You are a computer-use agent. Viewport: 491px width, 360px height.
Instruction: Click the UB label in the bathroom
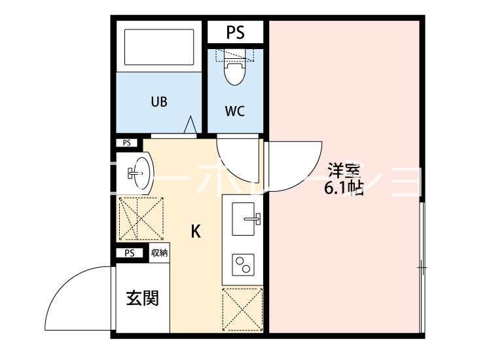pyautogui.click(x=159, y=102)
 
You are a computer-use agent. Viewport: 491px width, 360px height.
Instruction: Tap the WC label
pyautogui.click(x=235, y=111)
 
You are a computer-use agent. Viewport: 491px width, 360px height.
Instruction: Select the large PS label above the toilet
pyautogui.click(x=236, y=32)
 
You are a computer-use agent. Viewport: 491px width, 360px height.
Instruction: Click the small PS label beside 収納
pyautogui.click(x=129, y=253)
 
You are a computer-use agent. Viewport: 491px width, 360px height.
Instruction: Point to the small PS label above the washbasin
pyautogui.click(x=127, y=143)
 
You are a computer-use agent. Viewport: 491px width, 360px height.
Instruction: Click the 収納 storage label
pyautogui.click(x=159, y=253)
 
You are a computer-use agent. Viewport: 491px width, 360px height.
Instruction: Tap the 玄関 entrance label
pyautogui.click(x=141, y=298)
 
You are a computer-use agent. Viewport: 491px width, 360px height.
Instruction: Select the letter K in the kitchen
pyautogui.click(x=195, y=232)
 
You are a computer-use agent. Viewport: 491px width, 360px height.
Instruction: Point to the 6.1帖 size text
pyautogui.click(x=344, y=189)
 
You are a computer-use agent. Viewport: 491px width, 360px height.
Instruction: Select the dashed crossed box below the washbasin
pyautogui.click(x=139, y=219)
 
